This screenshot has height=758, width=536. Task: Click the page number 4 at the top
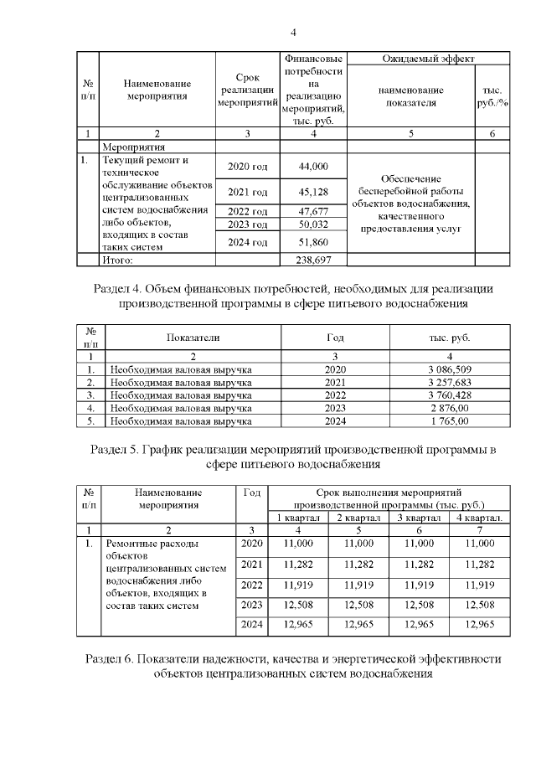pyautogui.click(x=292, y=33)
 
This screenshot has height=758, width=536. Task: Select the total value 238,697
pyautogui.click(x=312, y=261)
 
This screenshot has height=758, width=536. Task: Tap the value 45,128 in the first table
pyautogui.click(x=312, y=192)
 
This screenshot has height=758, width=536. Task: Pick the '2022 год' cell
pyautogui.click(x=247, y=211)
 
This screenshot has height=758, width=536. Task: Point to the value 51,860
pyautogui.click(x=312, y=242)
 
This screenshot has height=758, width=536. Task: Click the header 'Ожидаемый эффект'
pyautogui.click(x=427, y=59)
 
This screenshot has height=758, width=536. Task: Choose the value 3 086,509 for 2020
pyautogui.click(x=444, y=369)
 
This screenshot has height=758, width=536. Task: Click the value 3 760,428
pyautogui.click(x=444, y=394)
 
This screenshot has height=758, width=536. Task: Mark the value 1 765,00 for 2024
pyautogui.click(x=444, y=420)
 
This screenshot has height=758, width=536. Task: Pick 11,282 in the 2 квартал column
pyautogui.click(x=362, y=564)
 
